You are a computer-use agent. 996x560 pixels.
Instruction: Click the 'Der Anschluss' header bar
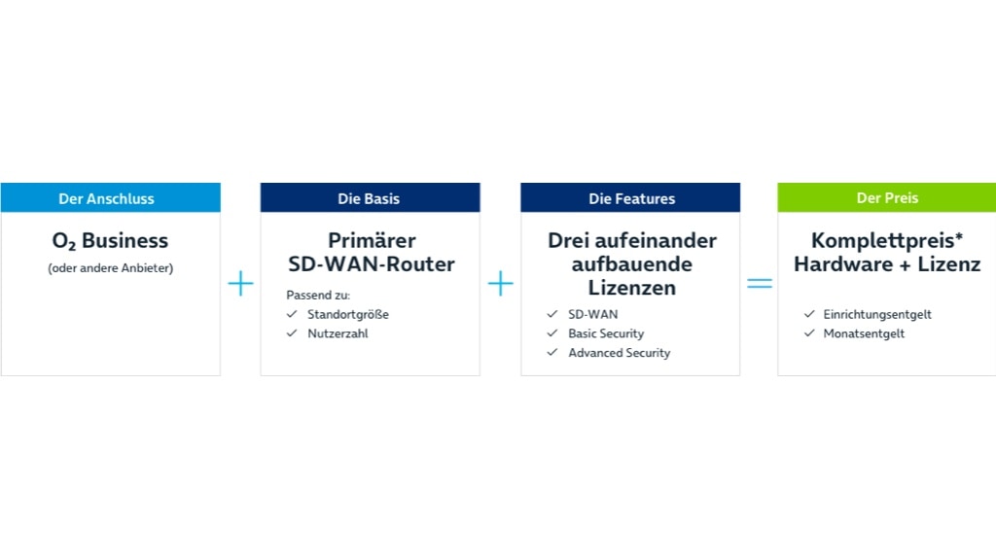110,198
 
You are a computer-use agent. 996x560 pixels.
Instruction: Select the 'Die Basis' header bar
370,198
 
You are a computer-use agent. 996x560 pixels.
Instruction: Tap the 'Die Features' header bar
629,198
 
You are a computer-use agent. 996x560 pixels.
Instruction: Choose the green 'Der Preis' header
886,197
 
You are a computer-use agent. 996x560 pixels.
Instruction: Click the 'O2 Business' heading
110,241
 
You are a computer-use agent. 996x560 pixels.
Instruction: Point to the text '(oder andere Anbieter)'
110,268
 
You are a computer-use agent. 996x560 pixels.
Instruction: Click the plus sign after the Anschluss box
240,283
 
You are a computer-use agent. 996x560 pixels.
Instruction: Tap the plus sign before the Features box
500,283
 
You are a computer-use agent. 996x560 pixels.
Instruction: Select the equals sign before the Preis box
759,283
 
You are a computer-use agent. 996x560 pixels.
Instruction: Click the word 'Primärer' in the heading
371,240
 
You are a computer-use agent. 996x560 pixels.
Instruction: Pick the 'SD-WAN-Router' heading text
371,264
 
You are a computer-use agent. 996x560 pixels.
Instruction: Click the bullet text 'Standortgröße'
348,314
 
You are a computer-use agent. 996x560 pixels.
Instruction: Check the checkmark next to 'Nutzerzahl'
292,333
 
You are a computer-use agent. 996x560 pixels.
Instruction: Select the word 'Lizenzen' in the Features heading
630,288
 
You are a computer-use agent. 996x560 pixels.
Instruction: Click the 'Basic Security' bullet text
606,333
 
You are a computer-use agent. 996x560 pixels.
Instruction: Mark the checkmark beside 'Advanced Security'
551,353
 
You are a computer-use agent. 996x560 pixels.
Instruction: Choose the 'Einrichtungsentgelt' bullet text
877,314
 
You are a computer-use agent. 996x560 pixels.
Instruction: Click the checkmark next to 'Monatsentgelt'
809,333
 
